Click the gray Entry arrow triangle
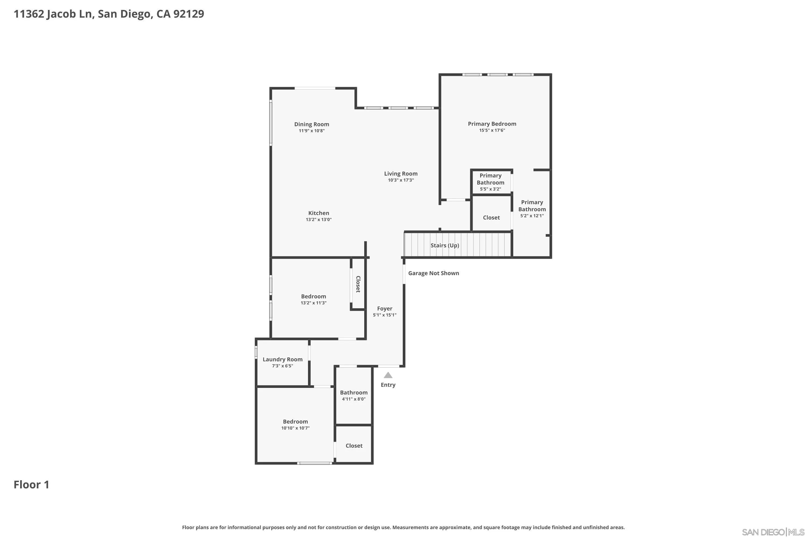388,375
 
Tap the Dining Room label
312,124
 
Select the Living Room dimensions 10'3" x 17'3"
401,180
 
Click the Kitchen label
319,213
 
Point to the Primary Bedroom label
492,124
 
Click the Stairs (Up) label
445,245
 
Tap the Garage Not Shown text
434,273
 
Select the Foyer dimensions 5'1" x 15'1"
385,315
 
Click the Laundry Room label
283,359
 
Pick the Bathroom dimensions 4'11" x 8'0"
354,399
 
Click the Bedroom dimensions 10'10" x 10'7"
295,428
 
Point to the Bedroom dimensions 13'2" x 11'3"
314,303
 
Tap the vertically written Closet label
358,284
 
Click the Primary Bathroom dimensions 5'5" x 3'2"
491,189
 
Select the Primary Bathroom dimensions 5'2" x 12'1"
532,216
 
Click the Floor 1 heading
31,484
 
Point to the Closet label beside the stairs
491,218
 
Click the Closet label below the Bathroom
354,446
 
